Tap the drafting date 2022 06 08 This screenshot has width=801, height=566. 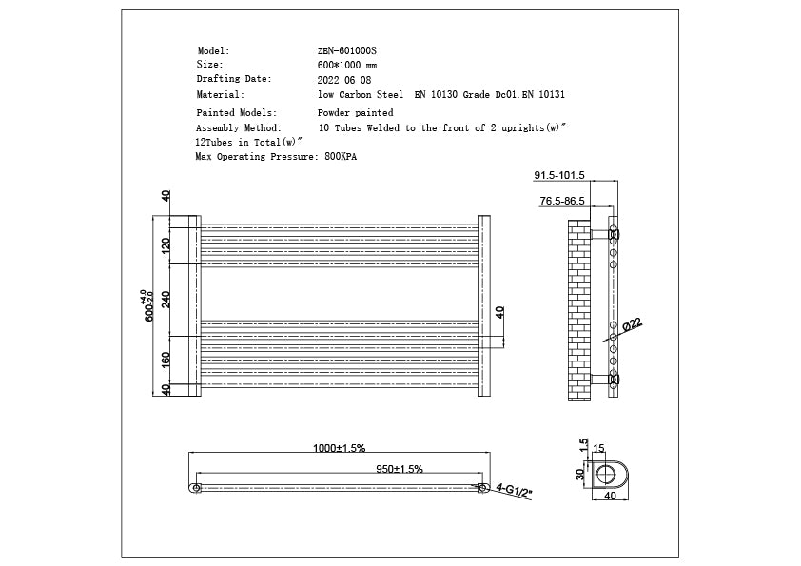click(x=344, y=80)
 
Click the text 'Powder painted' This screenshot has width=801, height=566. click(x=355, y=112)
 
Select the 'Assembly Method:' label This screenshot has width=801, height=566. click(x=238, y=127)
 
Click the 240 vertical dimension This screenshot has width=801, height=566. click(x=166, y=300)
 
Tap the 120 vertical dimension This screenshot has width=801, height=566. click(x=166, y=245)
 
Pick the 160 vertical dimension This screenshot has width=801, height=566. click(x=166, y=361)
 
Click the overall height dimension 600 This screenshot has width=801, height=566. click(x=148, y=305)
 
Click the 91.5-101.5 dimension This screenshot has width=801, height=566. click(x=559, y=176)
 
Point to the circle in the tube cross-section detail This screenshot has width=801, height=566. click(x=605, y=476)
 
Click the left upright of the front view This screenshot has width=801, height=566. click(x=193, y=305)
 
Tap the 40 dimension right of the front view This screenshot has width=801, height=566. click(x=500, y=312)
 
